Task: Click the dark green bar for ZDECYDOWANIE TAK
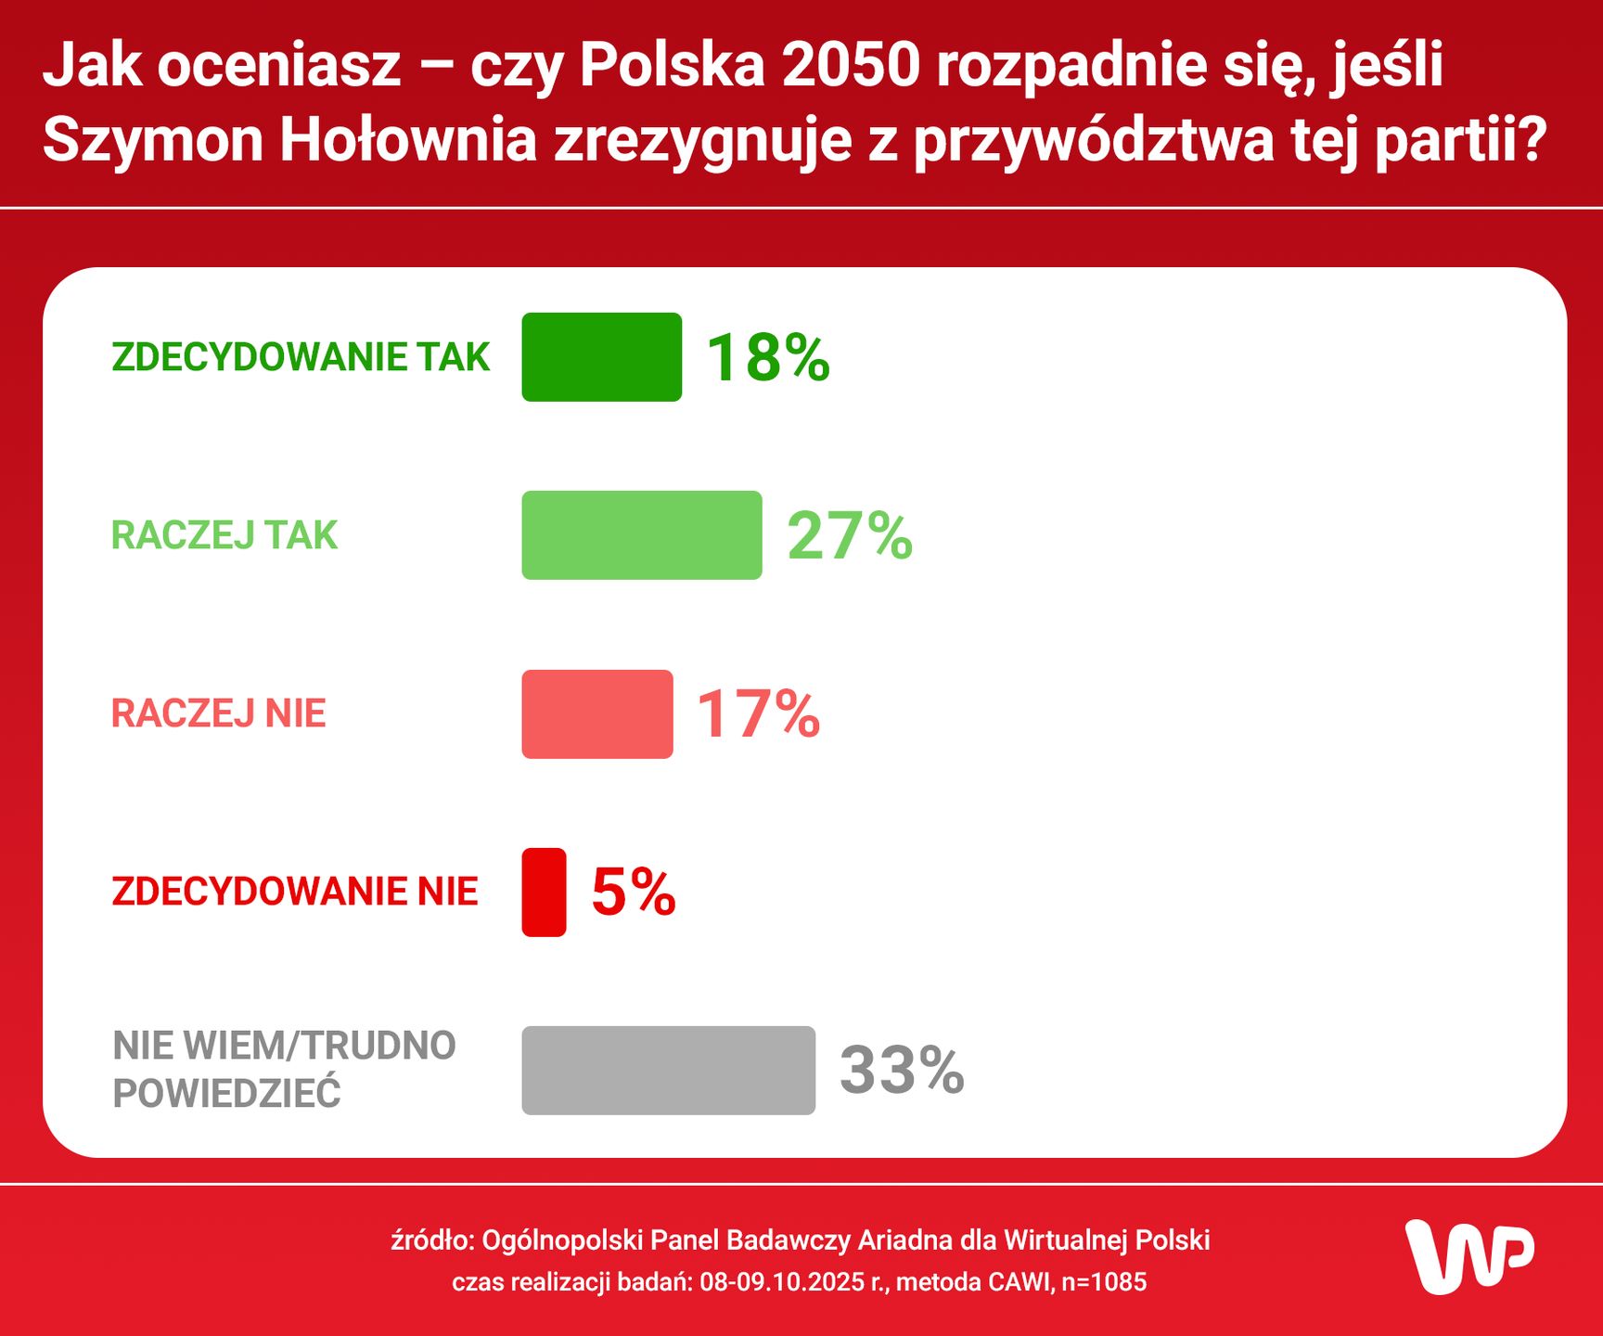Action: tap(601, 357)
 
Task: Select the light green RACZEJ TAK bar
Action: tap(641, 535)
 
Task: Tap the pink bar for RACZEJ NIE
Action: tap(596, 713)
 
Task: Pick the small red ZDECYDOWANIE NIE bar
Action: tap(544, 892)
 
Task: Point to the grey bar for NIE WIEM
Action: tap(668, 1070)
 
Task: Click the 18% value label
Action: tap(768, 357)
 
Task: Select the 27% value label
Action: tap(850, 535)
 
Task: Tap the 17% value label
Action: tap(758, 713)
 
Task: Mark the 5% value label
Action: tap(634, 892)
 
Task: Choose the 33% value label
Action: tap(902, 1070)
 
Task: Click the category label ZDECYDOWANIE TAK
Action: tap(301, 357)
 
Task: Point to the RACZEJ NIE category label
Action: tap(219, 713)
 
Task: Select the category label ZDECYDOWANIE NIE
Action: tap(295, 892)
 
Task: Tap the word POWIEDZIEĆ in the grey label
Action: tap(227, 1094)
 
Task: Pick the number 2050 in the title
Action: tap(851, 65)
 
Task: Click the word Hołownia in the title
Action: tap(408, 140)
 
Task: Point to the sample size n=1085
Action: tap(1104, 1282)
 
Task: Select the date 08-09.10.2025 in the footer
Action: tap(782, 1282)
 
